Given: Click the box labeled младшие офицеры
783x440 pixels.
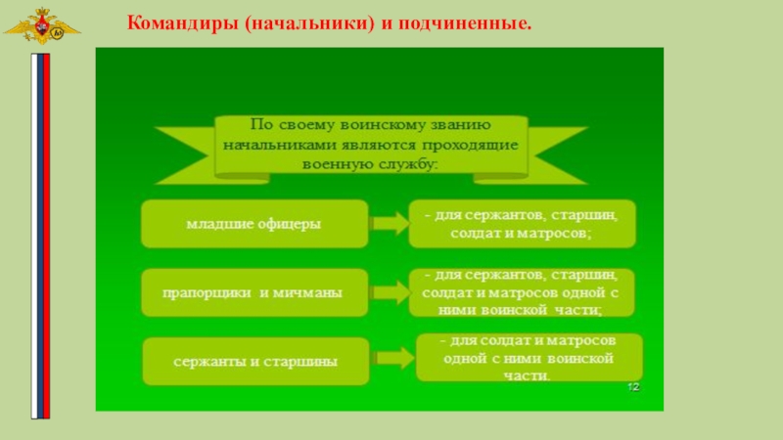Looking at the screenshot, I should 254,224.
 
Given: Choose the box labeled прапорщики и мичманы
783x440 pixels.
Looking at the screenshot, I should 254,292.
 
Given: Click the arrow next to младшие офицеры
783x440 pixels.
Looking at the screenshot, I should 389,225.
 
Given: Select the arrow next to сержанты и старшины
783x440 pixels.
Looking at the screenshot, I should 391,359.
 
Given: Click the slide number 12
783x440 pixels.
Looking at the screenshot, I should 633,388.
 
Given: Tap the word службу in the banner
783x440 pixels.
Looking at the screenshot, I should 402,164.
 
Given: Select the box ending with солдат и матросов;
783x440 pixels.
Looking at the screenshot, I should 521,224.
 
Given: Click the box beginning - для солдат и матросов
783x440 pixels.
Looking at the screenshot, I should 529,358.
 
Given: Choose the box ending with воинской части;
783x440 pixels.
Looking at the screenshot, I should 521,292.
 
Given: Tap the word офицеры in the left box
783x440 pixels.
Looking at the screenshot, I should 288,225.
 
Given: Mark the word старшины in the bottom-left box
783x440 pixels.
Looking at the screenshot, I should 306,362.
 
